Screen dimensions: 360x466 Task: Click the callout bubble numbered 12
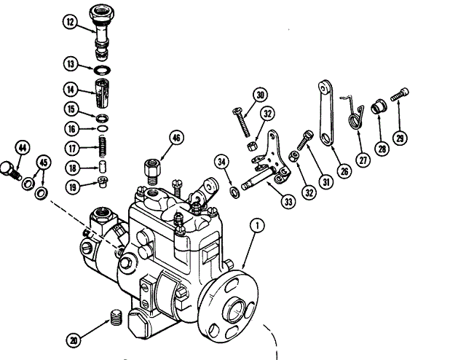coord(69,23)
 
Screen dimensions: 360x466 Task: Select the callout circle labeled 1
coord(257,225)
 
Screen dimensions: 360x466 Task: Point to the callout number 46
coord(176,137)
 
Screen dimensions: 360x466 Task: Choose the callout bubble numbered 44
coord(23,148)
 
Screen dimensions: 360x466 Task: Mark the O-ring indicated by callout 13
coord(103,70)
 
